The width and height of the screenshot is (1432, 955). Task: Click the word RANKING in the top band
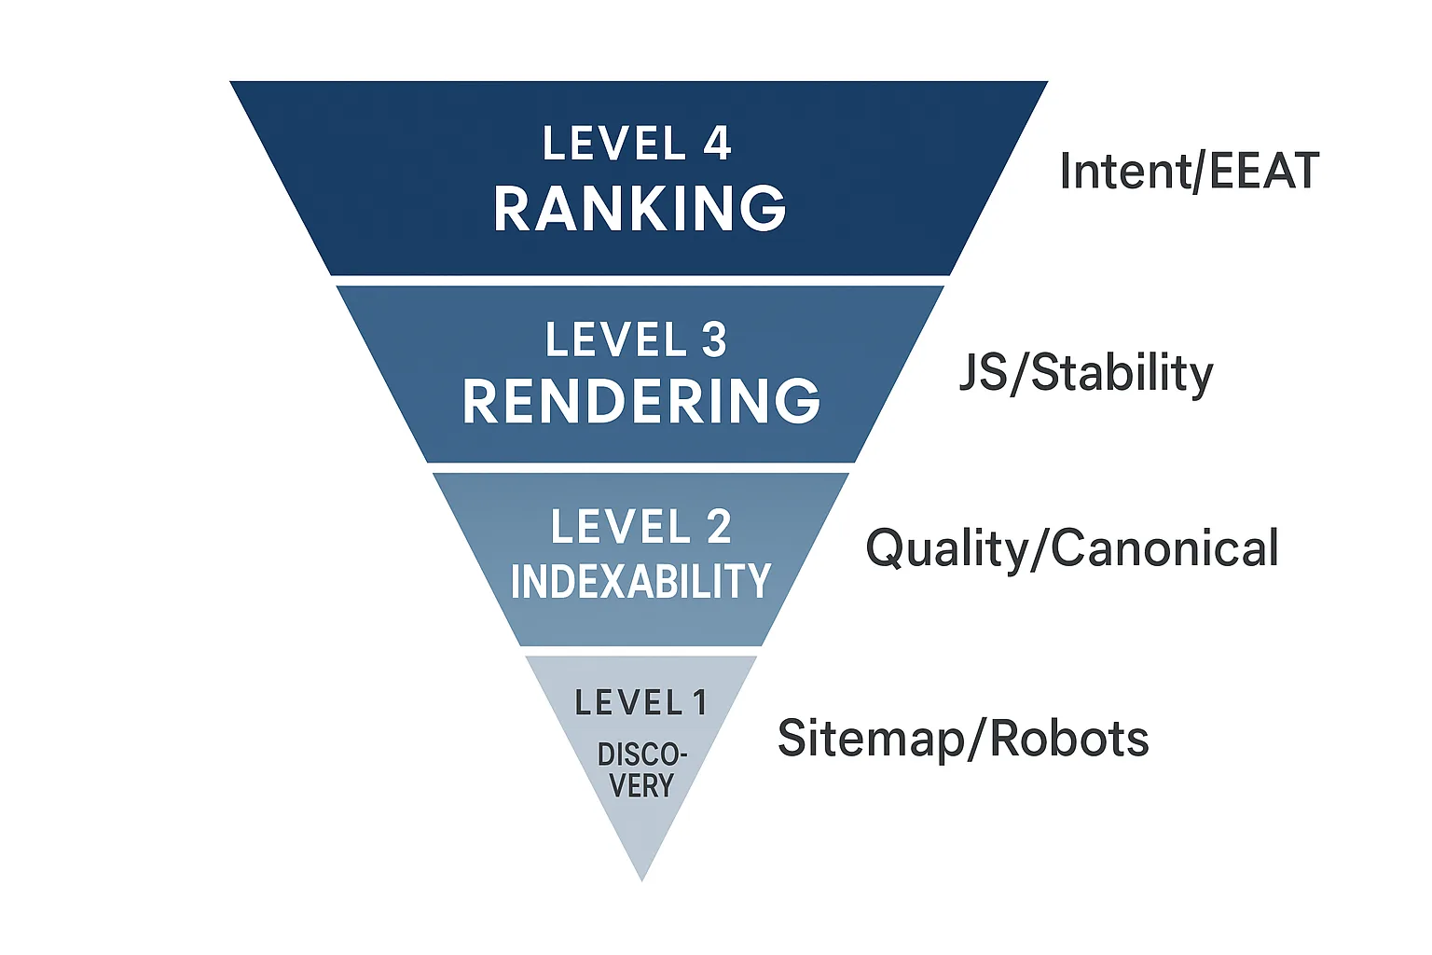pos(640,209)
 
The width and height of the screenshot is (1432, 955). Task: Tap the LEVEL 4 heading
pos(637,143)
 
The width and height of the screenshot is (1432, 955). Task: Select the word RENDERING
pos(641,401)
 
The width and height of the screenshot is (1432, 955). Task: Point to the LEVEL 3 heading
pos(636,339)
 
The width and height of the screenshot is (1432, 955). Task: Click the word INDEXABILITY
pos(640,581)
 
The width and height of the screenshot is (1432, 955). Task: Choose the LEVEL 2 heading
pos(641,526)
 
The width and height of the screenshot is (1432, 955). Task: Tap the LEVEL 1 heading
pos(641,702)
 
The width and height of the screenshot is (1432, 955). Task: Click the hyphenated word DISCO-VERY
pos(641,770)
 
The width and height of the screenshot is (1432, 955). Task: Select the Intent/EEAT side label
pos(1189,171)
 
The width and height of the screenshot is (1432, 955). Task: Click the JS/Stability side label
pos(1086,374)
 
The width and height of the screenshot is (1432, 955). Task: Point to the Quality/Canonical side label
pos(1071,548)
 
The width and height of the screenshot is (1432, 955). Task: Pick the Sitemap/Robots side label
pos(963,738)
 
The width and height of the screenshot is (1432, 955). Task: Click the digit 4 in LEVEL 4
pos(717,143)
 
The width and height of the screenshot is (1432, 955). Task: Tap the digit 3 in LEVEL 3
pos(714,339)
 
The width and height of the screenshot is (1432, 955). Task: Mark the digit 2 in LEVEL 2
pos(719,526)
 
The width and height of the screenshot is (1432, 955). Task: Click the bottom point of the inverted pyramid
pos(641,880)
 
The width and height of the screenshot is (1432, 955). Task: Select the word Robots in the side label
pos(1069,738)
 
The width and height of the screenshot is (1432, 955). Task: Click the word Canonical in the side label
pos(1163,547)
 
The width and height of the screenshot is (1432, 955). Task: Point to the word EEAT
pos(1264,171)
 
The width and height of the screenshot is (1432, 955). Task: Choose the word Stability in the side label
pos(1122,374)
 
